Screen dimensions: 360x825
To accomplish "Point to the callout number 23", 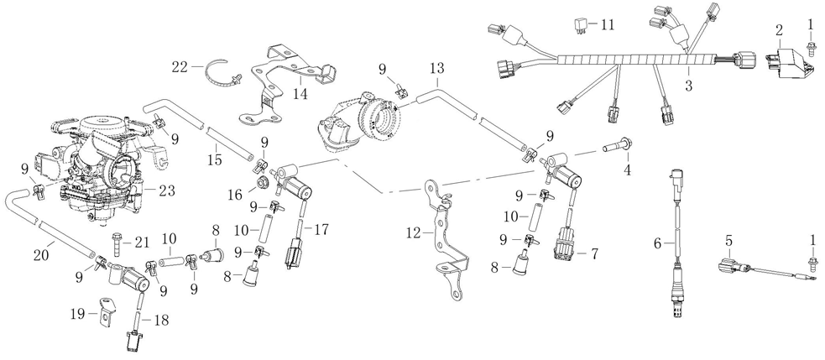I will (x=166, y=190).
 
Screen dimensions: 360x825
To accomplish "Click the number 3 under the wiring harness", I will (x=688, y=86).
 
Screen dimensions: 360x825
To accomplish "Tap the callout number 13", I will (x=436, y=67).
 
